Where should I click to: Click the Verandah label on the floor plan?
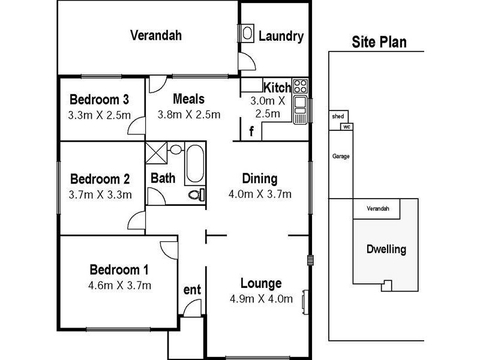[x=156, y=35]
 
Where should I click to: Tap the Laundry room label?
[x=281, y=37]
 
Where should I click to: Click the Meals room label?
[x=188, y=99]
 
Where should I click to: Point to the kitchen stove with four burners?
[x=300, y=86]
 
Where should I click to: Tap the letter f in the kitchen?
[x=252, y=130]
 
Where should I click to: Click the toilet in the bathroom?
[x=196, y=193]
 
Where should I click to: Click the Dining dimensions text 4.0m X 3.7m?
[x=260, y=194]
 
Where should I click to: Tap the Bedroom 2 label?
[x=100, y=179]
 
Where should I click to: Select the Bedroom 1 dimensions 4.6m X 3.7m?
[x=120, y=285]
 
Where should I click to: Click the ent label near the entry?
[x=192, y=290]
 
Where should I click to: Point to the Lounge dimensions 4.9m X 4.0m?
[x=261, y=299]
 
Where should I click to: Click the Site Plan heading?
[x=379, y=42]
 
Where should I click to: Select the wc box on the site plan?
[x=346, y=127]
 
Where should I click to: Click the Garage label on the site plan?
[x=341, y=157]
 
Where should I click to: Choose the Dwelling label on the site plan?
[x=386, y=249]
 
